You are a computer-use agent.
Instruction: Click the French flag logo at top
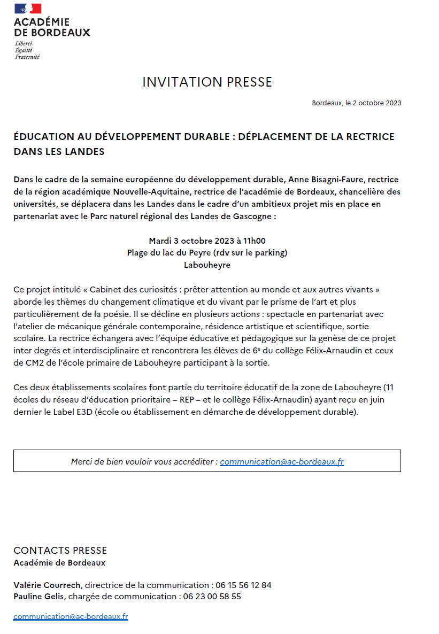[28, 9]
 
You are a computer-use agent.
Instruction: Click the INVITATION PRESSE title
[207, 82]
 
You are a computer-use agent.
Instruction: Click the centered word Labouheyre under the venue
[207, 265]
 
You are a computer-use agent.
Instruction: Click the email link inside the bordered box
[282, 461]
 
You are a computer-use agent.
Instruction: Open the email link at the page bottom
[71, 616]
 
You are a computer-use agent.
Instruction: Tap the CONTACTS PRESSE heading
[60, 551]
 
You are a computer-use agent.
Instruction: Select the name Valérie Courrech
[48, 585]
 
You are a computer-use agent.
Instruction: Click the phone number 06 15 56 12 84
[243, 585]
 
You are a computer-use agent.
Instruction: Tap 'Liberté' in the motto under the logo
[24, 43]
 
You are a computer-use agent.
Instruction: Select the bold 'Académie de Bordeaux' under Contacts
[59, 563]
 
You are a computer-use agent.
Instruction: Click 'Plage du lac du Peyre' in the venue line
[169, 252]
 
